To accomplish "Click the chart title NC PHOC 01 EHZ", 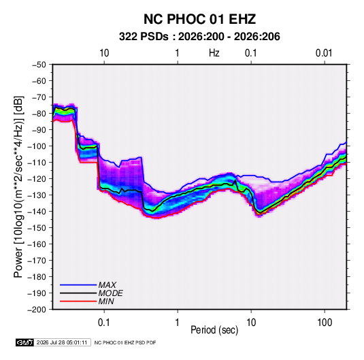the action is [x=199, y=19].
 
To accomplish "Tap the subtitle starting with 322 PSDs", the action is [x=199, y=37].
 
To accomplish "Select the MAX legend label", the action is [x=107, y=285].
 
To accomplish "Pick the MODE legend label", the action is [x=110, y=293].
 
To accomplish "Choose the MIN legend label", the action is [x=106, y=301].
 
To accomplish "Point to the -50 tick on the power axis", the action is [x=39, y=65].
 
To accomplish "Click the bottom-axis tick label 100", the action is [x=325, y=323].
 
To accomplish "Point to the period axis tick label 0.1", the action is [x=104, y=323].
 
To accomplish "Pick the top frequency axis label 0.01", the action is [x=324, y=53].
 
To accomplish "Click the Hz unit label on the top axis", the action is [x=214, y=53].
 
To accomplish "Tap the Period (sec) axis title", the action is [x=214, y=330].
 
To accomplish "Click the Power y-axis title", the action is [x=18, y=187].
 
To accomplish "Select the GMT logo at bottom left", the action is [x=25, y=342].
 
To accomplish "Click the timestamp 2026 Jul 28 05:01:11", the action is [x=62, y=342].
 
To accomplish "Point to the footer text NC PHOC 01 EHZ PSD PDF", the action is [x=125, y=342].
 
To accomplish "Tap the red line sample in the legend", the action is [x=78, y=301].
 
